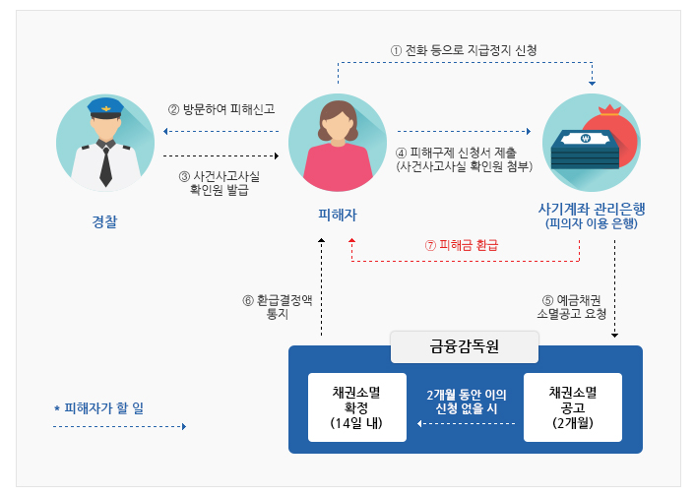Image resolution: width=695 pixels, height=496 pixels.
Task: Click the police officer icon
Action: [105, 143]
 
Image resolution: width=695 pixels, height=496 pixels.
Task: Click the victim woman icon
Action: [337, 143]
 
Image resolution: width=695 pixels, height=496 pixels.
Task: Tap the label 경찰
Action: [104, 223]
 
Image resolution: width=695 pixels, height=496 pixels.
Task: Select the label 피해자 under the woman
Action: [337, 213]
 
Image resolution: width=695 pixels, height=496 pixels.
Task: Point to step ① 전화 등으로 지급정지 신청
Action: [463, 49]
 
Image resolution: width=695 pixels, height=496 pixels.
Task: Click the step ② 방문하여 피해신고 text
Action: [221, 109]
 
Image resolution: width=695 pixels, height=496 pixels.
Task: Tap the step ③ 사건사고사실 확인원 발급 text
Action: [220, 183]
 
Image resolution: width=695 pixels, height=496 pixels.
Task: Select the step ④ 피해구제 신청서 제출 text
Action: [464, 154]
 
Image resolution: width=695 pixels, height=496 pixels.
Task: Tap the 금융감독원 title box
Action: [465, 346]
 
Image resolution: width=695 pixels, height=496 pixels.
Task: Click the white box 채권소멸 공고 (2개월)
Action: [573, 406]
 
